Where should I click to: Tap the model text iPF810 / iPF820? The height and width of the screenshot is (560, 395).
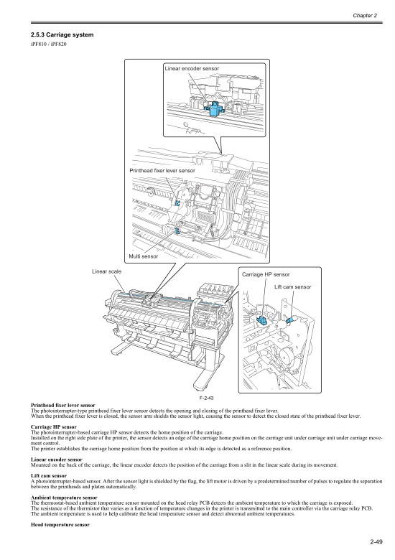pyautogui.click(x=42, y=47)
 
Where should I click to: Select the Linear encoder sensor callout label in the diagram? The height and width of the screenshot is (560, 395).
pyautogui.click(x=192, y=68)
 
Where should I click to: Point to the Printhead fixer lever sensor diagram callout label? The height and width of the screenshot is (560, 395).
pyautogui.click(x=167, y=171)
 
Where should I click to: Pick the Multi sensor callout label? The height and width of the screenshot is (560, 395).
pyautogui.click(x=143, y=256)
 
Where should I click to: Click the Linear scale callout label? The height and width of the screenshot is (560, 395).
pyautogui.click(x=106, y=271)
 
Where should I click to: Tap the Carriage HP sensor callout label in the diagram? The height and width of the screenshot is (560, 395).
pyautogui.click(x=266, y=275)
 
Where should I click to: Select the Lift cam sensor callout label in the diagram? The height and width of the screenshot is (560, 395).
pyautogui.click(x=293, y=287)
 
